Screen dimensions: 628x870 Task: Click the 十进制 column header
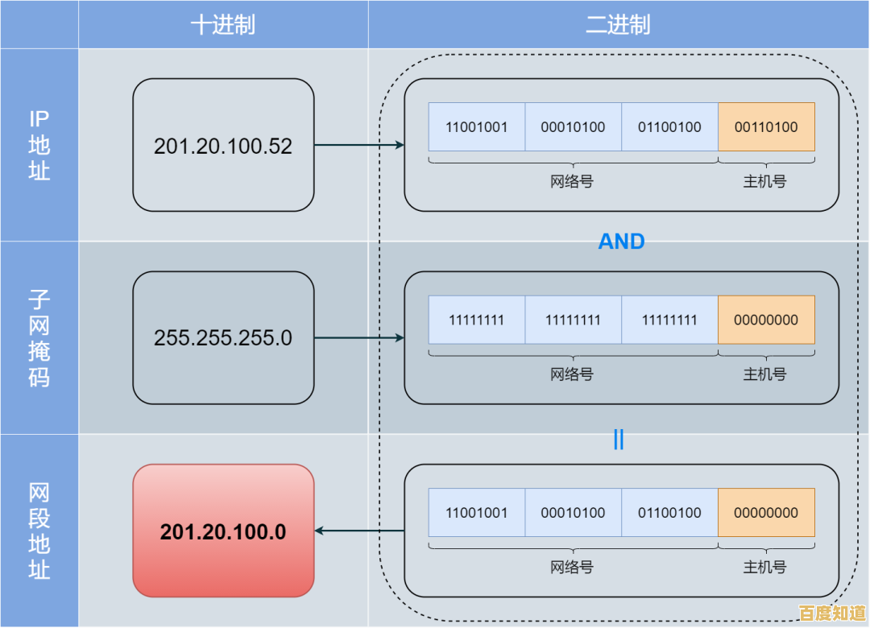coord(223,25)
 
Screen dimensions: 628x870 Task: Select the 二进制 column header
coord(618,25)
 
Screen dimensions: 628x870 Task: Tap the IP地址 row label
coord(39,145)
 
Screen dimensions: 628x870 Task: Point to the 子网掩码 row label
coord(39,338)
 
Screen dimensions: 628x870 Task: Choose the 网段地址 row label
coord(39,531)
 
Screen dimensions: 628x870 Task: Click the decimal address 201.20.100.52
coord(223,146)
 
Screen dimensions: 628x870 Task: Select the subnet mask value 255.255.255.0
coord(223,338)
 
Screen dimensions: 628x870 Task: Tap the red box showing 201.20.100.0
coord(223,531)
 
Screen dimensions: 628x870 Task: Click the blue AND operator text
coord(621,242)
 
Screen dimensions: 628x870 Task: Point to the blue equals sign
coord(619,440)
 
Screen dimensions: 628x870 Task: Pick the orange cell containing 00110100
coord(766,127)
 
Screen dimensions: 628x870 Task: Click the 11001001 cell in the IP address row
coord(476,127)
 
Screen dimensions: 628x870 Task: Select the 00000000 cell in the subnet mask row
coord(766,320)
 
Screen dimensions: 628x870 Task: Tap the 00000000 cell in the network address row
coord(766,513)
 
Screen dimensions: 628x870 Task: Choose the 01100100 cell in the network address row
coord(669,513)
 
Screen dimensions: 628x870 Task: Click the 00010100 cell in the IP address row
coord(573,127)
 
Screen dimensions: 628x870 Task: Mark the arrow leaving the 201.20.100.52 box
coord(358,145)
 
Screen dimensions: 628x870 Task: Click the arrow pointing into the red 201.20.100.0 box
coord(358,531)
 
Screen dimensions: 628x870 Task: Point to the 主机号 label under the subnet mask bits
coord(764,374)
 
